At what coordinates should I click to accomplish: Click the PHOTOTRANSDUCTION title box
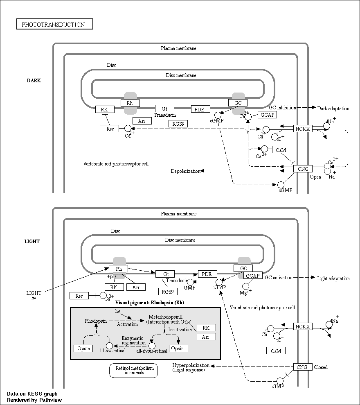pyautogui.click(x=55, y=24)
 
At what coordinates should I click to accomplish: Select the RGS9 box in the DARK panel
pyautogui.click(x=178, y=124)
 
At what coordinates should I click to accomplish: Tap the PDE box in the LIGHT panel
pyautogui.click(x=207, y=274)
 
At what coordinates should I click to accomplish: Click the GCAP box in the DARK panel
pyautogui.click(x=268, y=115)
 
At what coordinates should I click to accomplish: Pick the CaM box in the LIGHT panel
pyautogui.click(x=276, y=351)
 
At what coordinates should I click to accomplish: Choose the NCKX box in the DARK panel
pyautogui.click(x=303, y=128)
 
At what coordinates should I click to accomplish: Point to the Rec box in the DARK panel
pyautogui.click(x=109, y=129)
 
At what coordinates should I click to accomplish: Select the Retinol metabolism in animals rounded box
pyautogui.click(x=133, y=370)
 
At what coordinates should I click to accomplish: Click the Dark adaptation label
pyautogui.click(x=333, y=109)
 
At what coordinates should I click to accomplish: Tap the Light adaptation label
pyautogui.click(x=333, y=278)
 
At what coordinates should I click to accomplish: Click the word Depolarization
pyautogui.click(x=186, y=171)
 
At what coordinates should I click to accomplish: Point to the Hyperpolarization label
pyautogui.click(x=191, y=365)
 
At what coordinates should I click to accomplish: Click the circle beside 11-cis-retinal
pyautogui.click(x=109, y=346)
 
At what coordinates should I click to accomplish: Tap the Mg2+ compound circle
pyautogui.click(x=246, y=286)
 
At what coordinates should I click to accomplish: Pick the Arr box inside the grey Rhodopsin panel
pyautogui.click(x=206, y=337)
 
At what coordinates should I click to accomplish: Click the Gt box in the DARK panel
pyautogui.click(x=164, y=109)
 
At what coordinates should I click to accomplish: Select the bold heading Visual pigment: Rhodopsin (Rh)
pyautogui.click(x=150, y=303)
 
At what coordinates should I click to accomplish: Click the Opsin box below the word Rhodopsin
pyautogui.click(x=83, y=348)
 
